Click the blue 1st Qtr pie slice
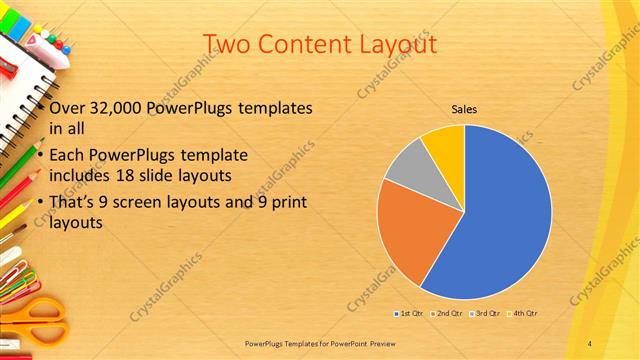tap(500, 220)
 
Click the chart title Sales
tap(464, 108)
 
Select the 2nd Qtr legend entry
tap(445, 314)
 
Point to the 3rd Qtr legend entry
tap(482, 314)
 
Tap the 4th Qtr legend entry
tap(519, 314)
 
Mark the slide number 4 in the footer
tap(590, 342)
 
